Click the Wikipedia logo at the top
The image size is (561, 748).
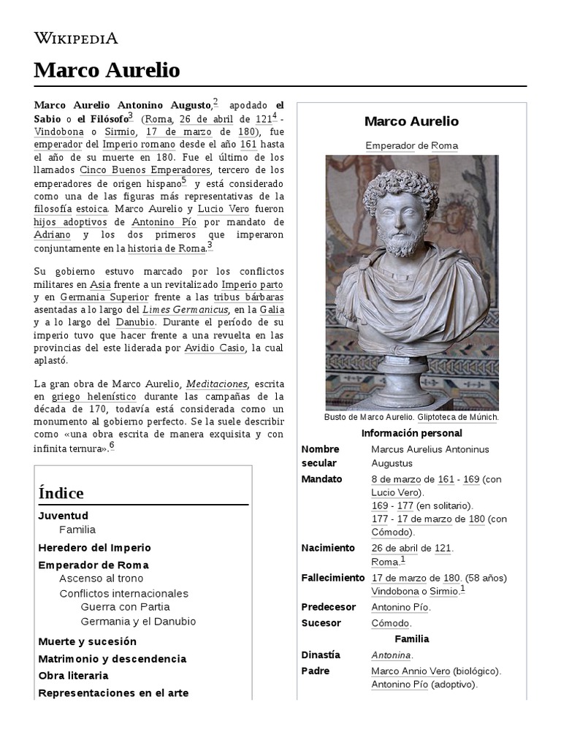[x=76, y=38]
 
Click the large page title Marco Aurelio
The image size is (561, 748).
[x=107, y=70]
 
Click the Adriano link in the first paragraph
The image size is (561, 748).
[x=52, y=235]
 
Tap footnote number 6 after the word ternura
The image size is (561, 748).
[x=112, y=446]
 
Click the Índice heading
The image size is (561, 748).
[x=61, y=493]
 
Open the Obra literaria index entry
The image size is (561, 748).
[x=73, y=676]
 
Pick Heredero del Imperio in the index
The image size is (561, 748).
[x=94, y=547]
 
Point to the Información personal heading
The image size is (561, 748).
[x=412, y=433]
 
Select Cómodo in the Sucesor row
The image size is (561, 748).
[x=391, y=623]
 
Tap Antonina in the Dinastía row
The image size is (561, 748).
[x=391, y=655]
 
